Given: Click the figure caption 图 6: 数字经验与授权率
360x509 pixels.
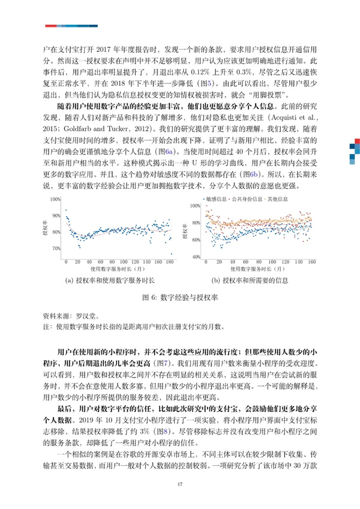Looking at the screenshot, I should (x=179, y=297).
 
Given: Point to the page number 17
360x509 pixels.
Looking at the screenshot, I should (x=179, y=484).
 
